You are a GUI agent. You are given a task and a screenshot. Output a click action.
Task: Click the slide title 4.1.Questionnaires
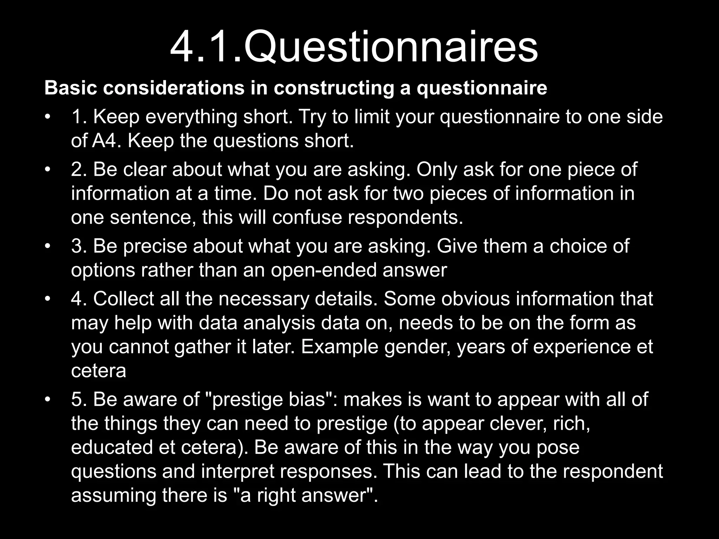pyautogui.click(x=354, y=47)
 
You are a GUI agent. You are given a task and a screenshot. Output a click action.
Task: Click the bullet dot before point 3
pyautogui.click(x=48, y=246)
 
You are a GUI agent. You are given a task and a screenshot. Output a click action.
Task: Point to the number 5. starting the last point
pyautogui.click(x=79, y=399)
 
